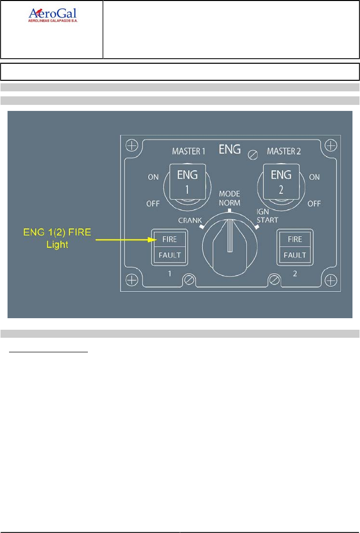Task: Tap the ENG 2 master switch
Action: (x=281, y=181)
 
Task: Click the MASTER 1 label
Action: (x=189, y=151)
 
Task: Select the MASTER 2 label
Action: (x=284, y=151)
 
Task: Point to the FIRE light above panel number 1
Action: (x=169, y=239)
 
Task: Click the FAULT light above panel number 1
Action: (x=169, y=255)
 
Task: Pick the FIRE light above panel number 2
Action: (x=295, y=239)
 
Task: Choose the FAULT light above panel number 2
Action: (x=295, y=255)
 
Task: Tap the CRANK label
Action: (x=190, y=220)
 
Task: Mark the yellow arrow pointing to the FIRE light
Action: (x=123, y=240)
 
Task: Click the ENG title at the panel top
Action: (x=230, y=149)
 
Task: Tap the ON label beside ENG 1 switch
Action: (x=153, y=177)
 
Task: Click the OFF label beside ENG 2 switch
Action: (x=314, y=204)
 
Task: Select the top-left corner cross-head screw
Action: (x=132, y=146)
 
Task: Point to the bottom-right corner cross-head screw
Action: (x=330, y=279)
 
